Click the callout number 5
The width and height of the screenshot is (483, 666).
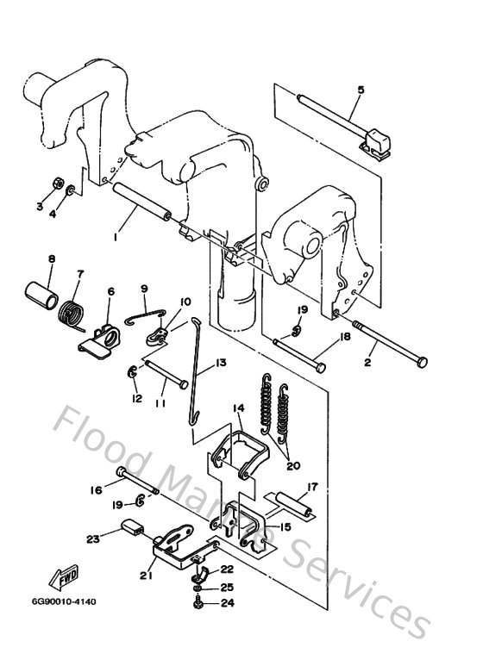point(361,90)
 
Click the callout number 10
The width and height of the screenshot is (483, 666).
point(185,301)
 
